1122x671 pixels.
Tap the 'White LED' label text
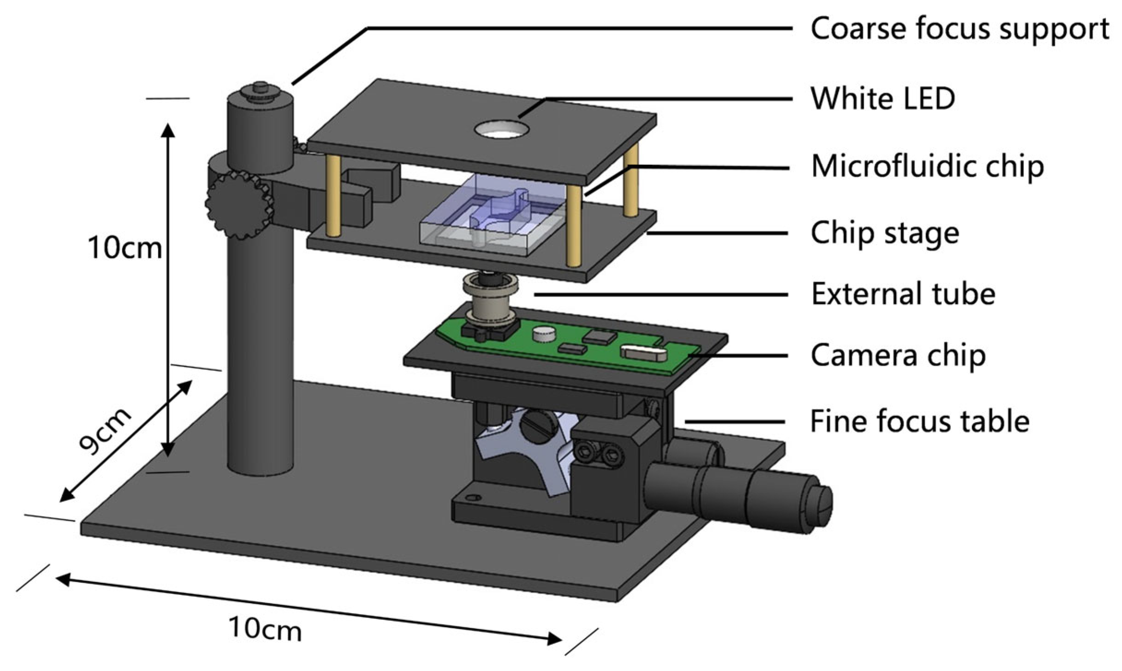click(x=882, y=98)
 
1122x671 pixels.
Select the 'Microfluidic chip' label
click(x=927, y=166)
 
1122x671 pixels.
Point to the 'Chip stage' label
click(x=885, y=233)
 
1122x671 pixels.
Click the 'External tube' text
click(x=903, y=294)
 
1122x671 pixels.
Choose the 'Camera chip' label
click(x=898, y=356)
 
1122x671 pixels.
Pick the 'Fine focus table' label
click(x=920, y=422)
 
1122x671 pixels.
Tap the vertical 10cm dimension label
click(x=125, y=248)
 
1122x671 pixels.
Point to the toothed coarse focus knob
click(x=239, y=205)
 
